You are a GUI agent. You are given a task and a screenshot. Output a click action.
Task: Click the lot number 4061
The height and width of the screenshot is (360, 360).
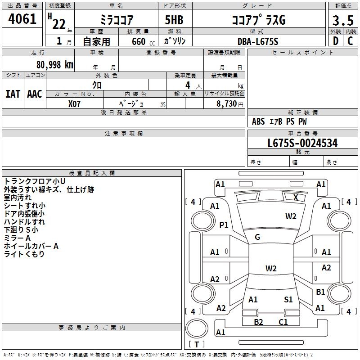click(x=22, y=20)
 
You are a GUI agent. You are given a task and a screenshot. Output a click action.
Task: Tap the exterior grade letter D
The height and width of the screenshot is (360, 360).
click(x=335, y=41)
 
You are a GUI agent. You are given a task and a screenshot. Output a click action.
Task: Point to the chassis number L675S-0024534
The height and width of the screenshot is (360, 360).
click(x=302, y=144)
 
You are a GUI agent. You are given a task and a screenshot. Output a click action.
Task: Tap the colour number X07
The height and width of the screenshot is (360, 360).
click(x=75, y=103)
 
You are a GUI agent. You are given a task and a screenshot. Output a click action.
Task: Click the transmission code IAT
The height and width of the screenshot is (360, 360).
click(x=13, y=94)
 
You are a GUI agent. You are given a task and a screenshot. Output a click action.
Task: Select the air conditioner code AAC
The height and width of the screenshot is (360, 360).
click(x=35, y=94)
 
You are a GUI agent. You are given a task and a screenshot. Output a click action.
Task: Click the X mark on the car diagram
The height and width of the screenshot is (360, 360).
click(x=296, y=197)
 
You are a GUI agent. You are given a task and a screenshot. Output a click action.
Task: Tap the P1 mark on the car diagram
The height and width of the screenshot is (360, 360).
click(x=224, y=225)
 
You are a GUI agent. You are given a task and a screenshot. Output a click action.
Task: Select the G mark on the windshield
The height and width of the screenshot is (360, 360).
click(x=257, y=237)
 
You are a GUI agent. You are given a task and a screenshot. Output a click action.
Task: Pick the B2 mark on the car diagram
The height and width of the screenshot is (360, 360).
click(x=258, y=322)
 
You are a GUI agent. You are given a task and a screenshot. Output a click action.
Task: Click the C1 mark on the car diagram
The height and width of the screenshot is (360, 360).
click(x=283, y=322)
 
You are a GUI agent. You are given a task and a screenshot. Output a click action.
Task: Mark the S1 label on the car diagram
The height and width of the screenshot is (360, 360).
click(x=288, y=299)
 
